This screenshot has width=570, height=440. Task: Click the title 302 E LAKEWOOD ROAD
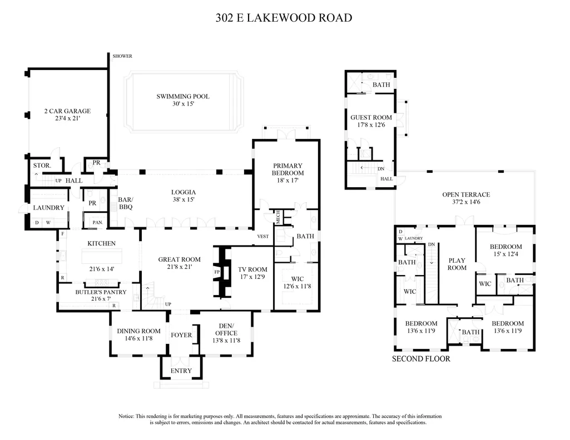pos(284,18)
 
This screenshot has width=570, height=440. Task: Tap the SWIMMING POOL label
pos(183,96)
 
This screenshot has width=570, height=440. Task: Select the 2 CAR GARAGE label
pos(67,111)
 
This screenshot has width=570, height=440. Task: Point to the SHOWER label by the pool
pos(122,56)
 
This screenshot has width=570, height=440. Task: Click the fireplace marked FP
pos(217,272)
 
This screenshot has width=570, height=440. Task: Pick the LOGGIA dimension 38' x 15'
pos(184,199)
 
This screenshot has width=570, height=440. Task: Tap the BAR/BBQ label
pos(126,203)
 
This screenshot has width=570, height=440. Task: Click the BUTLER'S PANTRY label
pos(101,292)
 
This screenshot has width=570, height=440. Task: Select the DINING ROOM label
pos(138,331)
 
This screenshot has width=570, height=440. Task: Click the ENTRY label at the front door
pos(181,371)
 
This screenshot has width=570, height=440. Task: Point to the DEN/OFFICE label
pos(226,329)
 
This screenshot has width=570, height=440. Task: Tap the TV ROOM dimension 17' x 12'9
pos(252,277)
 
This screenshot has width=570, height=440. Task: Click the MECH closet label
pos(278,217)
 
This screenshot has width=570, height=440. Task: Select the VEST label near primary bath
pos(263,236)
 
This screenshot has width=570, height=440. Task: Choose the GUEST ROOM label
pos(371,117)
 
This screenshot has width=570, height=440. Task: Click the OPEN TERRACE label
pos(466,194)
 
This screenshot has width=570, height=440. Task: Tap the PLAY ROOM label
pos(457,264)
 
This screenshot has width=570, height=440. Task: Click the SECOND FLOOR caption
pos(421,359)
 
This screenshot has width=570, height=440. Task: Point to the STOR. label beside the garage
pos(42,166)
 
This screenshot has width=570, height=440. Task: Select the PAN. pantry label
pos(98,222)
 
